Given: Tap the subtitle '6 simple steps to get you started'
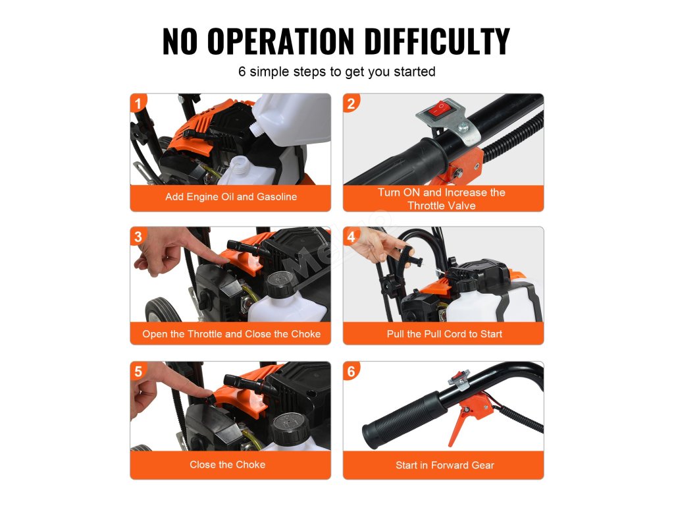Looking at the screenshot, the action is tap(337, 71).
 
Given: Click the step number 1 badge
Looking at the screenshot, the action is tap(138, 103).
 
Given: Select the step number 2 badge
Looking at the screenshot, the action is tap(351, 103).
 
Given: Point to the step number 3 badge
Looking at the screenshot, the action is tap(138, 237).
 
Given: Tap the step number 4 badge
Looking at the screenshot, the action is tap(351, 237).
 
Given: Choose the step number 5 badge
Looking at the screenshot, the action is tap(138, 371).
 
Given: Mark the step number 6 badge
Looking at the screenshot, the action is tap(351, 371).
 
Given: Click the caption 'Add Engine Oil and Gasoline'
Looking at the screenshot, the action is tap(231, 196).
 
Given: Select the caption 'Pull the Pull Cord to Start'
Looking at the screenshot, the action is tap(444, 334).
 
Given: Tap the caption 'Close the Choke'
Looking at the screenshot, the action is tap(227, 464).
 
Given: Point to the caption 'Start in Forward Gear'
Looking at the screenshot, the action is tap(445, 465).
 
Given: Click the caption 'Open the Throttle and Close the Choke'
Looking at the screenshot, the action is tap(231, 334).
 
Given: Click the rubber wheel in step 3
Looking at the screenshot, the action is tap(163, 310).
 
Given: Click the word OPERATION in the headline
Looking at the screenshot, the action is tap(280, 41).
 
